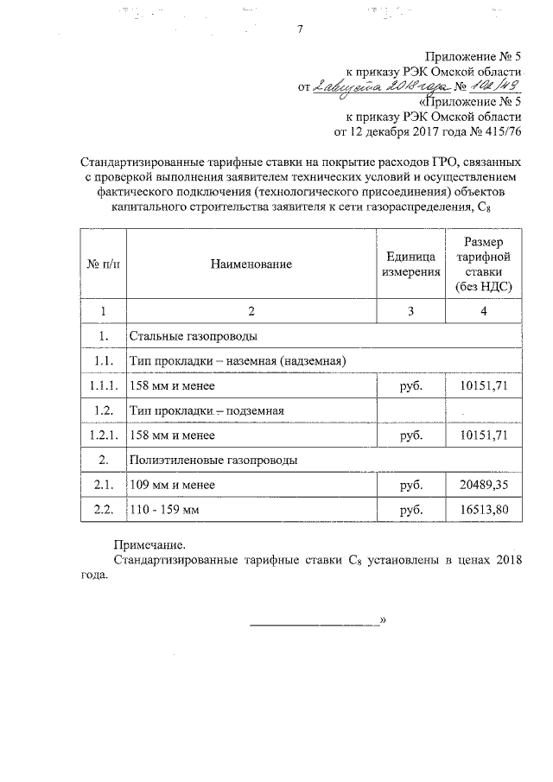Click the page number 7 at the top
(x=299, y=30)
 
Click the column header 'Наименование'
(x=251, y=263)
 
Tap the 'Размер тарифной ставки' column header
(x=482, y=263)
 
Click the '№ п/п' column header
(x=102, y=263)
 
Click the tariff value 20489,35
(x=482, y=486)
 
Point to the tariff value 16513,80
(x=482, y=511)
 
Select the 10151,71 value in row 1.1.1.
(x=482, y=385)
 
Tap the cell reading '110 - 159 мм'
(x=164, y=511)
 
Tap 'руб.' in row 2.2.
(x=405, y=511)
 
